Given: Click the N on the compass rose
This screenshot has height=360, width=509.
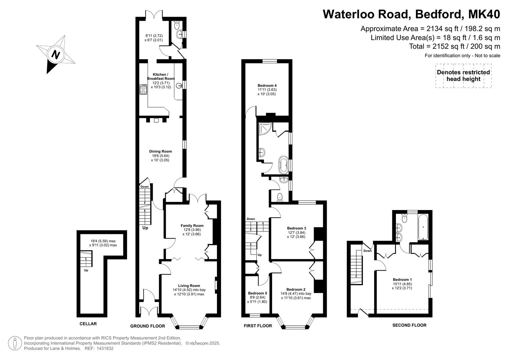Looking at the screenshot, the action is (x=56, y=55).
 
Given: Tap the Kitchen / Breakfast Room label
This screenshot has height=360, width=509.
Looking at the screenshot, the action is (x=161, y=76).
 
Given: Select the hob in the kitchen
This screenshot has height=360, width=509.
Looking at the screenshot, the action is (x=143, y=90).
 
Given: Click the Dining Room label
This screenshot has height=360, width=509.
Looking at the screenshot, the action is (x=160, y=151).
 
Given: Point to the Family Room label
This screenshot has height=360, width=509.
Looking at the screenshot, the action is (x=192, y=225).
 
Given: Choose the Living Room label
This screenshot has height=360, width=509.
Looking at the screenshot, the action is (x=189, y=286).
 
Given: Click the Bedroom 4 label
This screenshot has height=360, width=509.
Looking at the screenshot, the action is (x=267, y=85).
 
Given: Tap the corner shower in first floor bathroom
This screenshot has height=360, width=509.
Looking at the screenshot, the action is (x=265, y=129).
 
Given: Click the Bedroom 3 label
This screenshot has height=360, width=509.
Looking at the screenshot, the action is (x=297, y=228).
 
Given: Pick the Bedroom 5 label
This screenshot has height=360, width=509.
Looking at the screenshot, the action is (x=257, y=293).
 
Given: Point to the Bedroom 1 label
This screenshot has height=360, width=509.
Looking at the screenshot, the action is (x=402, y=280).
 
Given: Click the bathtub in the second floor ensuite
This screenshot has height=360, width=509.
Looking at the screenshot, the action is (x=423, y=227).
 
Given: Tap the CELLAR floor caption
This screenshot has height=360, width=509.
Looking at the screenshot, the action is (x=88, y=324).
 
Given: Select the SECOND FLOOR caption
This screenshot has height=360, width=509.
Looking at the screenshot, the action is (x=409, y=325).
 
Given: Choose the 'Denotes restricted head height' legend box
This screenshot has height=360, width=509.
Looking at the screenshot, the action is (x=464, y=76).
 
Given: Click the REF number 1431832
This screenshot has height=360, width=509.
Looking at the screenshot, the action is (x=105, y=348).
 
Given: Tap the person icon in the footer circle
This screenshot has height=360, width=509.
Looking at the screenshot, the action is (x=15, y=343).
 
